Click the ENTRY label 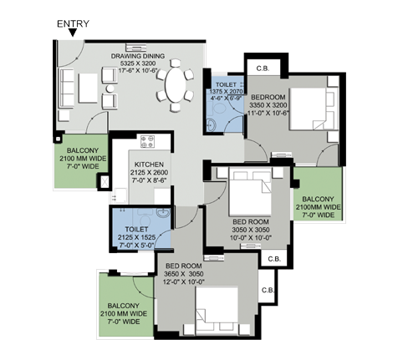coord(73,24)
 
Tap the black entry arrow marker coord(73,33)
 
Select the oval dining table coord(176,85)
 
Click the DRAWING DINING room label coord(138,56)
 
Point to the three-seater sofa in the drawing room coord(67,88)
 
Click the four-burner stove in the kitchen coord(147,141)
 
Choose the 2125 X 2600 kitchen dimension coord(149,172)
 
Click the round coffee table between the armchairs coord(110,89)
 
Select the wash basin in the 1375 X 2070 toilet coord(211,124)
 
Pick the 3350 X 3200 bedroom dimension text coord(268,105)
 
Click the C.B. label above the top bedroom coord(263,68)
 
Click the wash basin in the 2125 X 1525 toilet coord(162,213)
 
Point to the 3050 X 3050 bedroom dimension coord(251,230)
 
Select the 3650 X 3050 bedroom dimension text coord(184,274)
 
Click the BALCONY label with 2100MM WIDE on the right coord(318,199)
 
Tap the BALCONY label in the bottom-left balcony coord(124,306)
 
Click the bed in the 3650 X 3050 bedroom coord(217,312)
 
